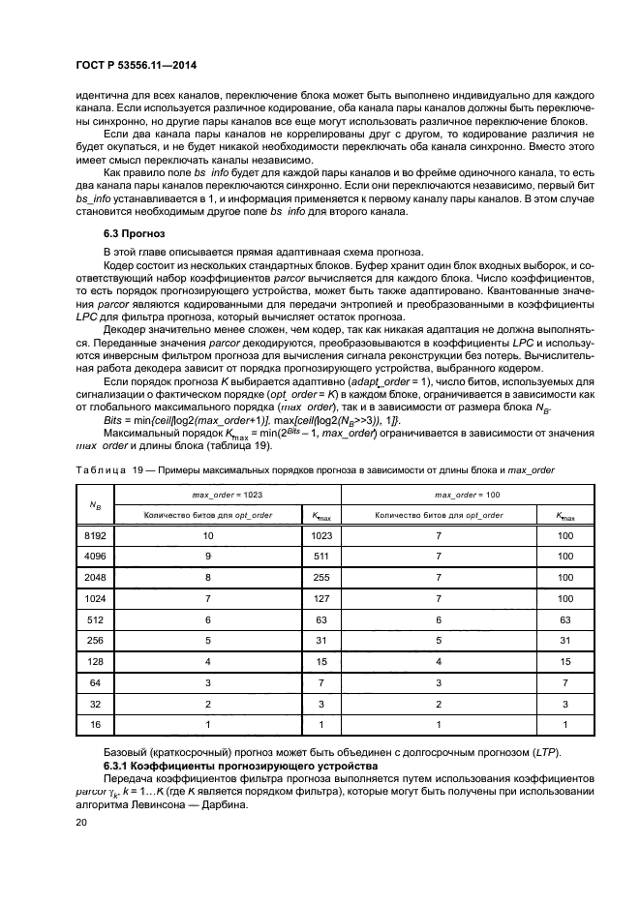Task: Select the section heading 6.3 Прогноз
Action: [x=135, y=234]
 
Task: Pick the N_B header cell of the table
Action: [x=95, y=505]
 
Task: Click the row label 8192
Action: [x=94, y=533]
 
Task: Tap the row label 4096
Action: [x=94, y=558]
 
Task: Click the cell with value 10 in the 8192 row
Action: [x=205, y=533]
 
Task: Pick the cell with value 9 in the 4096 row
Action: [x=205, y=558]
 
